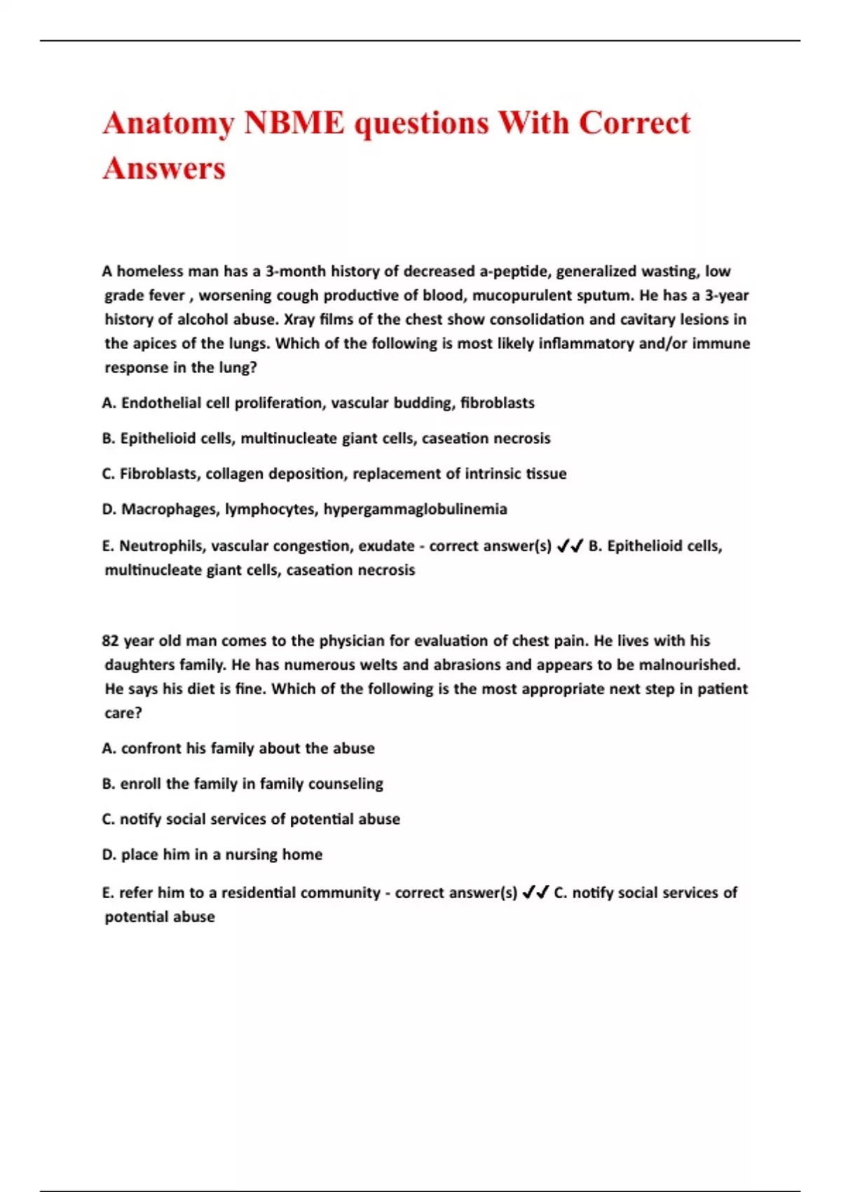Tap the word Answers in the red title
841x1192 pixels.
pos(165,168)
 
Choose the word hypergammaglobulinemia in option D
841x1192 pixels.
pos(415,509)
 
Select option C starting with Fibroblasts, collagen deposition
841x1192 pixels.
pos(334,474)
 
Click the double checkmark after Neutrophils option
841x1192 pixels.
pos(569,546)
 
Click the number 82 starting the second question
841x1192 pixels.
pos(110,641)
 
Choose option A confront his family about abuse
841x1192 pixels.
pos(238,748)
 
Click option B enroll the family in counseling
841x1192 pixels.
pos(242,784)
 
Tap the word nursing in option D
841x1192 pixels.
pos(251,855)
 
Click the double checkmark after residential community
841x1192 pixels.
pos(535,893)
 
